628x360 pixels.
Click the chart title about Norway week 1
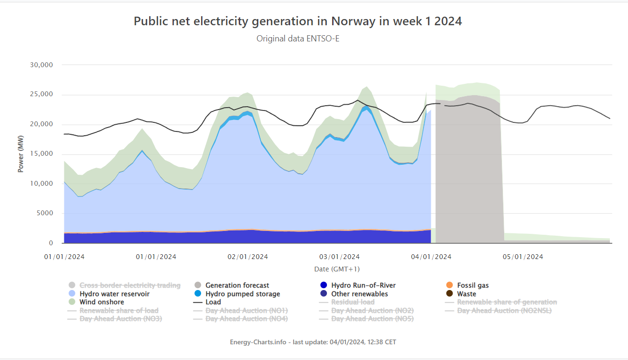coord(297,21)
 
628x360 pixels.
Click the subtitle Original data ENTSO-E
coord(298,39)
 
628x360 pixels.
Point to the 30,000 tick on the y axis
coord(41,65)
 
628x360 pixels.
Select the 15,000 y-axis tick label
coord(41,154)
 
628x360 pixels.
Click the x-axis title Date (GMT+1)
coord(336,269)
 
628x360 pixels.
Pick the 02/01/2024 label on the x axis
coord(248,257)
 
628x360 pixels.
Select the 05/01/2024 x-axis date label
coord(523,257)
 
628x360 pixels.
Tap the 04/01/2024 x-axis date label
coord(431,257)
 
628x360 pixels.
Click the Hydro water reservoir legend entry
coord(114,294)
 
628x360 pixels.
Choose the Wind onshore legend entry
coord(101,302)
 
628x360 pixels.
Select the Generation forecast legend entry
coord(237,285)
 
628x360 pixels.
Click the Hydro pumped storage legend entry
coord(243,294)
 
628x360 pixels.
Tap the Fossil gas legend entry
coord(473,285)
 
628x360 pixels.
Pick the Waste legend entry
coord(466,294)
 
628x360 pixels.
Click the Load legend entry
coord(213,302)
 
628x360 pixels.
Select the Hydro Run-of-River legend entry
coord(363,285)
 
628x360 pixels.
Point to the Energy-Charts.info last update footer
coord(313,342)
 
